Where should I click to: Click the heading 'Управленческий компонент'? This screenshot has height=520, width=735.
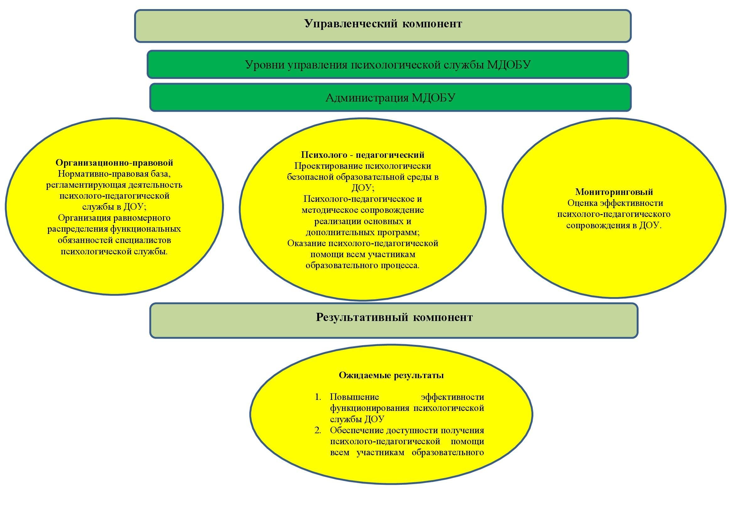coord(383,24)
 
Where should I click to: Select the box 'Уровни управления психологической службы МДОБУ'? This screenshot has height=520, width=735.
coord(388,64)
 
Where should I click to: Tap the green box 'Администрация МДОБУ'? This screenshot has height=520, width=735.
coord(390,97)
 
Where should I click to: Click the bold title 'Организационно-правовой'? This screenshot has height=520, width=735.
coord(114,163)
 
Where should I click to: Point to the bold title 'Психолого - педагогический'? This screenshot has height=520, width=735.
coord(362,155)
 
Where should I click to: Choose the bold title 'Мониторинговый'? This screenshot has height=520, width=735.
coord(614,192)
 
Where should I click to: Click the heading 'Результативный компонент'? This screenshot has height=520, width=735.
coord(394,317)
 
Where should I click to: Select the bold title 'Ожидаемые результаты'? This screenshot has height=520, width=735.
coord(391,375)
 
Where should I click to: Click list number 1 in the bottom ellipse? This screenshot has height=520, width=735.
coord(318,397)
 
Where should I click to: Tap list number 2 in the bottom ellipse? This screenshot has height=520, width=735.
coord(318,430)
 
